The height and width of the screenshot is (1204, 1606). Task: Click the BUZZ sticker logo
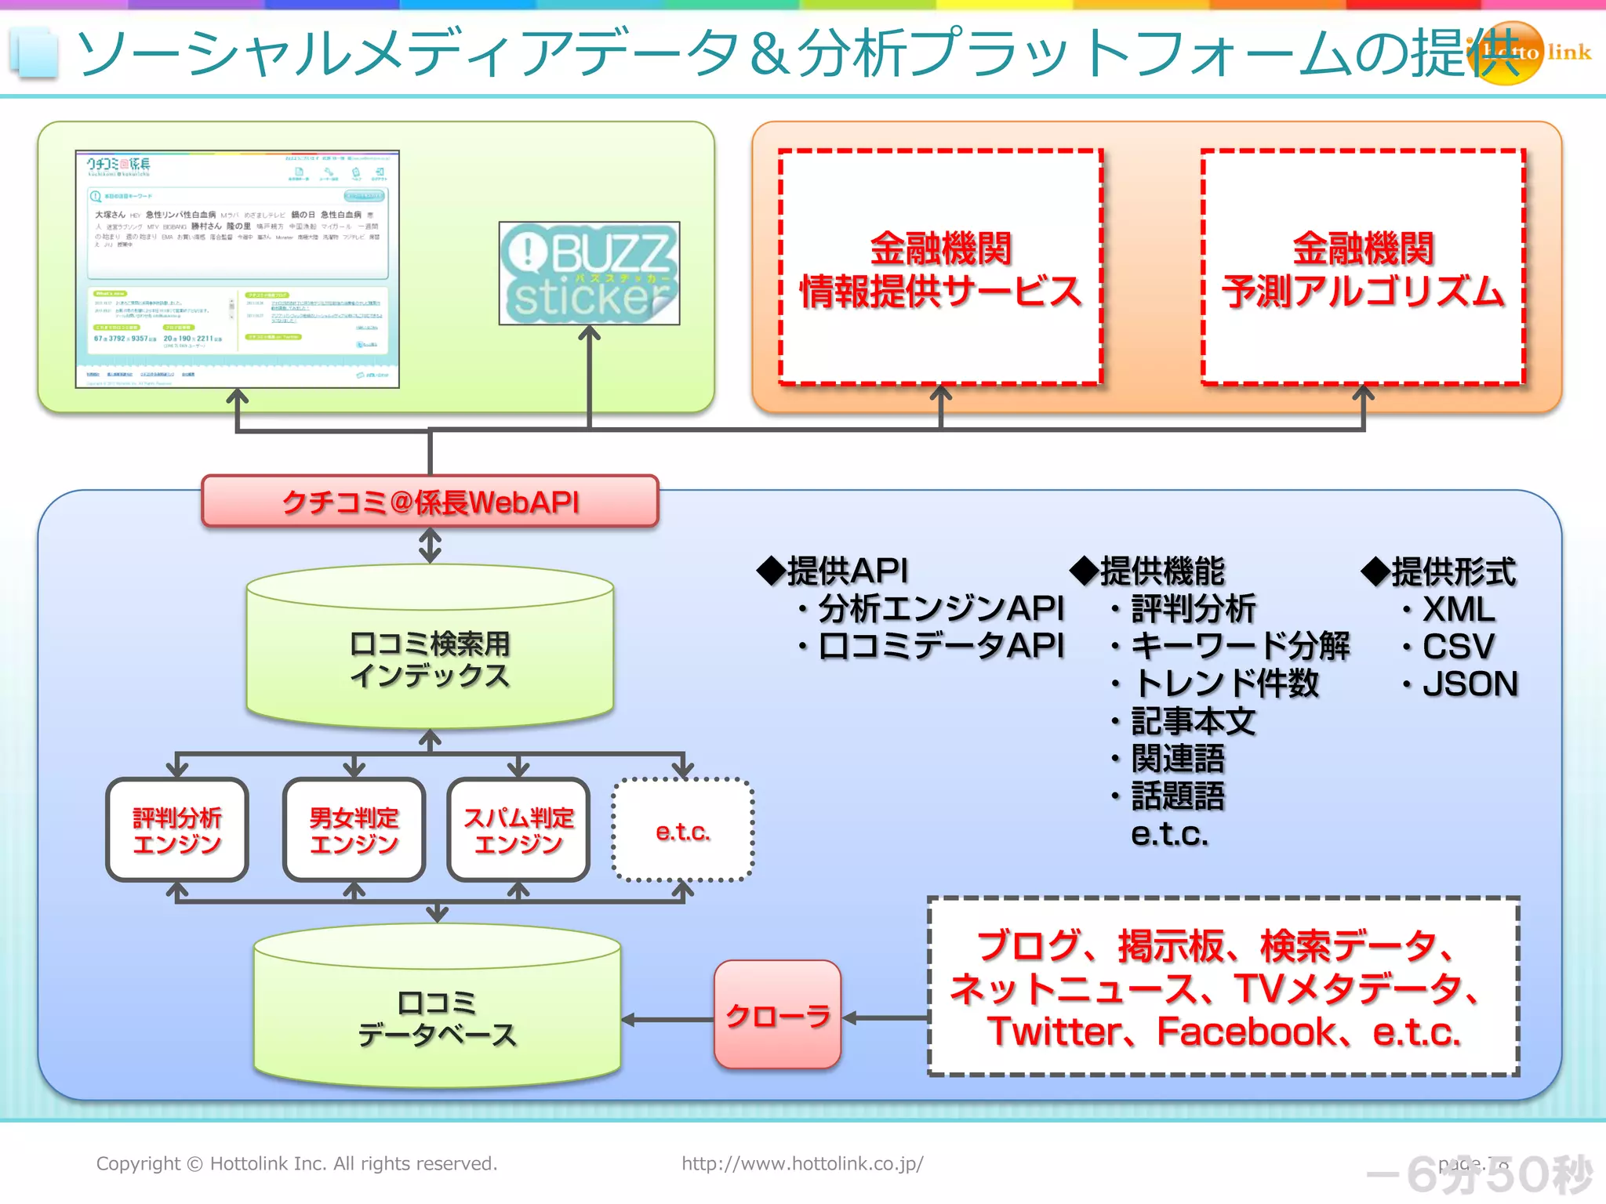pyautogui.click(x=589, y=274)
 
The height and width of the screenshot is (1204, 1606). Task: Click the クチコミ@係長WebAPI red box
pyautogui.click(x=430, y=502)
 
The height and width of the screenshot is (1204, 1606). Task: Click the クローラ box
pyautogui.click(x=777, y=1015)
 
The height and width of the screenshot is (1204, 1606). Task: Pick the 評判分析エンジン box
pyautogui.click(x=177, y=830)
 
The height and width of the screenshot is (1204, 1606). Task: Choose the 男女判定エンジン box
pyautogui.click(x=354, y=830)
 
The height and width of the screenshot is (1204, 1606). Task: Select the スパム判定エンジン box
pyautogui.click(x=518, y=830)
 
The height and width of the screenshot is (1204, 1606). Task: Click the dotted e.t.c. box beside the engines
pyautogui.click(x=682, y=831)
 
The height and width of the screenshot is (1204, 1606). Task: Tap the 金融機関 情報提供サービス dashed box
pyautogui.click(x=940, y=268)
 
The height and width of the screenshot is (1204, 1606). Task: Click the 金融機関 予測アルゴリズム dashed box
pyautogui.click(x=1363, y=268)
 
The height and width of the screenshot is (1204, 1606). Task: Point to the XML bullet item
pyautogui.click(x=1457, y=610)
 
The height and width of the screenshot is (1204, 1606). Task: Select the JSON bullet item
pyautogui.click(x=1469, y=684)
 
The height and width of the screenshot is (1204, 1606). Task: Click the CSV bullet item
pyautogui.click(x=1457, y=647)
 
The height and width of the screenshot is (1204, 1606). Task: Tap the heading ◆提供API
pyautogui.click(x=833, y=571)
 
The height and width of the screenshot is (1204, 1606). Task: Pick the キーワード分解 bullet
pyautogui.click(x=1239, y=647)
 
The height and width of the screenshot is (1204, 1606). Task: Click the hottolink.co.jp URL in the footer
pyautogui.click(x=802, y=1163)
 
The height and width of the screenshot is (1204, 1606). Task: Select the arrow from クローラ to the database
pyautogui.click(x=667, y=1020)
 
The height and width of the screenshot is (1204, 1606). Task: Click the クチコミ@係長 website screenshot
pyautogui.click(x=237, y=269)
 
